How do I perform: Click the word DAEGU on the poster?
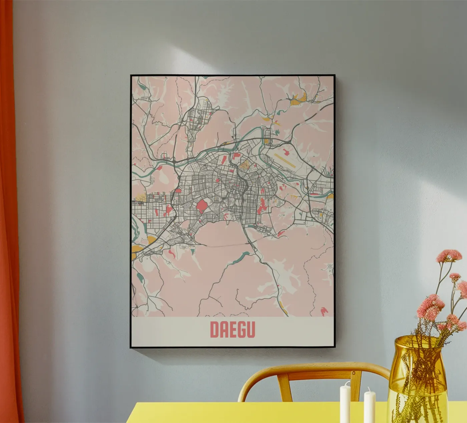(232, 329)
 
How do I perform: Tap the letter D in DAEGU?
(214, 329)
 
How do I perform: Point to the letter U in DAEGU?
(251, 329)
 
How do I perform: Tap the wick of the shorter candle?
(369, 389)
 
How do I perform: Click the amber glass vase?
(417, 383)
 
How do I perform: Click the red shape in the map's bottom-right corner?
(323, 311)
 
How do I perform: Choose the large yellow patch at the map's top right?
(303, 97)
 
